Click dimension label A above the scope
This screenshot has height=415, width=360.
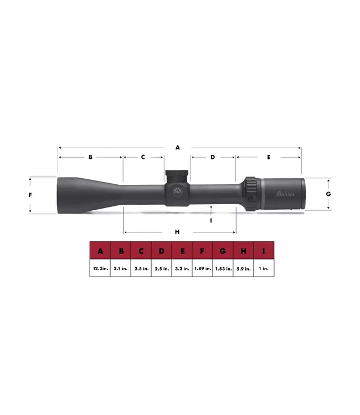click(x=178, y=148)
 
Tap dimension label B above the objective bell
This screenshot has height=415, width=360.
click(x=90, y=157)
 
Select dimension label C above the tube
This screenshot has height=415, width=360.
click(x=143, y=157)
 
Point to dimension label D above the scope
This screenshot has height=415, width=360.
click(x=213, y=157)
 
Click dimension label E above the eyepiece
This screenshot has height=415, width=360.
click(x=268, y=157)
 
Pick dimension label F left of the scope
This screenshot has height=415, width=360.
click(x=30, y=195)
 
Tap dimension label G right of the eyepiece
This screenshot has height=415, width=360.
click(x=328, y=194)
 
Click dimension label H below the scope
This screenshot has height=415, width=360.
click(x=177, y=232)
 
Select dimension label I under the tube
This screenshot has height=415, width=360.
click(x=211, y=220)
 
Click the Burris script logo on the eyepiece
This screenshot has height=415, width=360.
click(x=285, y=194)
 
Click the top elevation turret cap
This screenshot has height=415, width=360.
click(x=178, y=174)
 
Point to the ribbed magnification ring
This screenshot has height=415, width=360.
click(x=250, y=194)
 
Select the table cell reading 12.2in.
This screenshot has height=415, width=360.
click(x=100, y=268)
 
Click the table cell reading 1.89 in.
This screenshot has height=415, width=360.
click(x=202, y=268)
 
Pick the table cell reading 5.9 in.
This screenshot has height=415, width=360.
click(x=243, y=268)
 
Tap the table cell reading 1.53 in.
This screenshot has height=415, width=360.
click(x=223, y=268)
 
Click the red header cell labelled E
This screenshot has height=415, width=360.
click(x=182, y=251)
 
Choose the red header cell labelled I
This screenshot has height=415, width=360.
click(x=264, y=251)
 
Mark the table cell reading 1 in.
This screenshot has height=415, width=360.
click(x=264, y=268)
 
